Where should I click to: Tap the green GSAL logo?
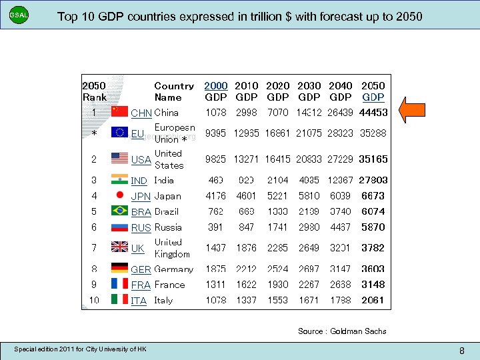pos(19,15)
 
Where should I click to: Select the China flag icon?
pos(119,111)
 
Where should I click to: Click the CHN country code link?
pos(141,113)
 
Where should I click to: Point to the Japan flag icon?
pos(119,196)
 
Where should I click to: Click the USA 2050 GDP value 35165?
pos(373,159)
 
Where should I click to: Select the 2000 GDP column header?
pos(215,91)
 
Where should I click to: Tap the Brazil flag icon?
pos(119,211)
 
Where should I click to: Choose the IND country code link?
pos(139,181)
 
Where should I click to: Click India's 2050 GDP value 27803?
pos(373,180)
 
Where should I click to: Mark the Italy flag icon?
pos(119,301)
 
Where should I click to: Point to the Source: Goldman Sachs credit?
pos(342,331)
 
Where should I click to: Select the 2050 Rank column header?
pos(94,91)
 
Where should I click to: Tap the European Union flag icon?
pos(120,133)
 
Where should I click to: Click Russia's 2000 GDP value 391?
pos(215,227)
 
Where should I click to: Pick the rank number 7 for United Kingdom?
pos(94,248)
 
